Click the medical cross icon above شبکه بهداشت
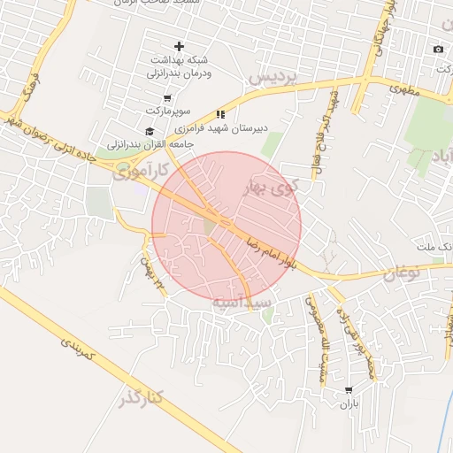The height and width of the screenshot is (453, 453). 179,46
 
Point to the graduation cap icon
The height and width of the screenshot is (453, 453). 149,131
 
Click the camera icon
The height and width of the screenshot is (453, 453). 437,49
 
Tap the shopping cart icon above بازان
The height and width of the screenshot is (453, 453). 349,389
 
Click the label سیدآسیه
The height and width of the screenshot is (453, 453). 238,303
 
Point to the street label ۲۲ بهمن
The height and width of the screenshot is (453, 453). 152,273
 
